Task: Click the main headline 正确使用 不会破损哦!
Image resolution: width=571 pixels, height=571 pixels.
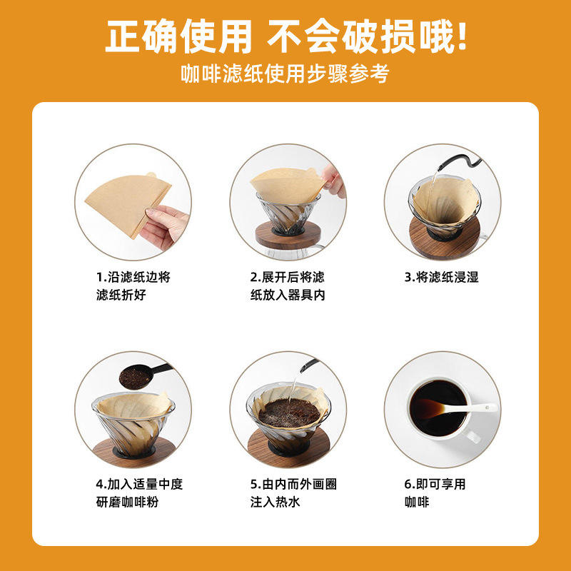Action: pos(286,36)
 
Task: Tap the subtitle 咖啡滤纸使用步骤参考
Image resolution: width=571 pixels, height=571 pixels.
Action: pos(285,74)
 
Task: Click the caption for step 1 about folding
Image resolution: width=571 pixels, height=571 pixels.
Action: pos(133,286)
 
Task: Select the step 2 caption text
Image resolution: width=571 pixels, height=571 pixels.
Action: pos(288,286)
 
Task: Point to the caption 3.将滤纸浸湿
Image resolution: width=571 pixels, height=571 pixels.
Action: pos(441,277)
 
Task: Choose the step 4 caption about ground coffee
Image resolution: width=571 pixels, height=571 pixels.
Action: pos(139,493)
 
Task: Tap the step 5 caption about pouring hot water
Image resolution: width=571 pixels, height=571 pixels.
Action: pos(293,493)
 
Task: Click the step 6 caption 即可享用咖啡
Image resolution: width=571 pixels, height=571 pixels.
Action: pos(435,493)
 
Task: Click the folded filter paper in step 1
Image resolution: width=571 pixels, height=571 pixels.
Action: pos(128,203)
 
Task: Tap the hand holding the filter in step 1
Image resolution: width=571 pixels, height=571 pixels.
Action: pos(166,226)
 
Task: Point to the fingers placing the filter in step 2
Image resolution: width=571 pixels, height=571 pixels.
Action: pos(333,182)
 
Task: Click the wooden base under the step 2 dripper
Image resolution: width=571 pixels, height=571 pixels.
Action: pos(288,235)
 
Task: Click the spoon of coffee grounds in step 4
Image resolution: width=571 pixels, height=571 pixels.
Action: pos(144,376)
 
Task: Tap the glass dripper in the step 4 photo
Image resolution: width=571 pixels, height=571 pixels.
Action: pos(133,425)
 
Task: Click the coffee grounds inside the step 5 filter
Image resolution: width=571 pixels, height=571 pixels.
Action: pos(289,413)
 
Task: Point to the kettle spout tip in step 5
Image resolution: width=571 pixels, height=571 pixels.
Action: pos(302,370)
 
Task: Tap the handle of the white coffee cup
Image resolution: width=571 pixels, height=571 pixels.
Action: pos(473,436)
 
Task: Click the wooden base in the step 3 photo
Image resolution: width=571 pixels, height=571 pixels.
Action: pos(443,238)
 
